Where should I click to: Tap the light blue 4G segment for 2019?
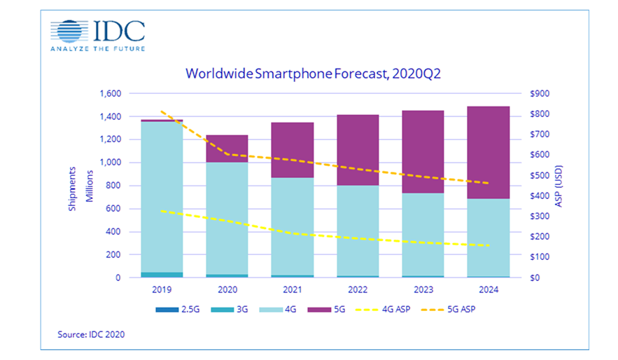coord(162,196)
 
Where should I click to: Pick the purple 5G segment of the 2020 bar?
coord(227,148)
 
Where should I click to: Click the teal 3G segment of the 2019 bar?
coord(162,274)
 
